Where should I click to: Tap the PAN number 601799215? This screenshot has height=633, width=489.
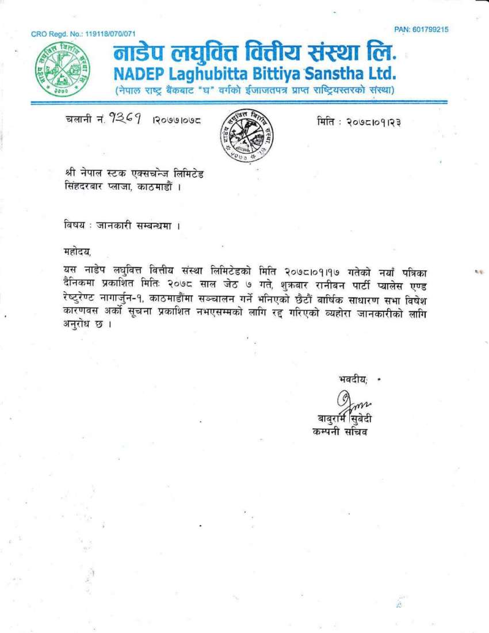click(x=431, y=29)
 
